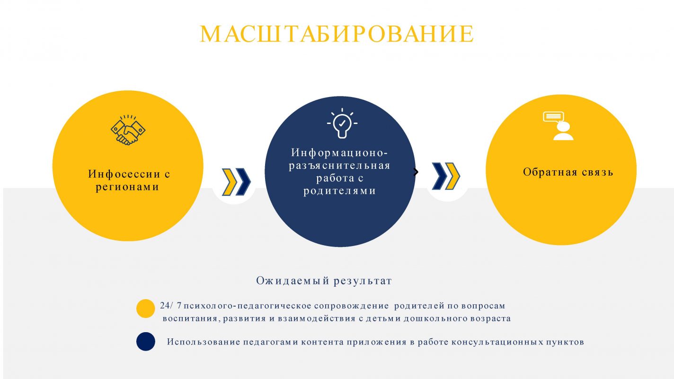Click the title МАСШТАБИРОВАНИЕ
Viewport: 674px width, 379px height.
(337, 34)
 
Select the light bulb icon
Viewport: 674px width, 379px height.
(342, 123)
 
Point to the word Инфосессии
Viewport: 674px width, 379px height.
(124, 174)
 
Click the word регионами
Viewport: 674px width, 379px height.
(127, 187)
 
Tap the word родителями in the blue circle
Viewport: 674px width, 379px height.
(340, 191)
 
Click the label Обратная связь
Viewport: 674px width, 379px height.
(568, 172)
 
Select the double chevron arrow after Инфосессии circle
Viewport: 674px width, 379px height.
(236, 182)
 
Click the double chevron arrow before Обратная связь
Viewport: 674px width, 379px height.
(445, 176)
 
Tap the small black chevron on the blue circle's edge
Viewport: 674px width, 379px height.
(416, 172)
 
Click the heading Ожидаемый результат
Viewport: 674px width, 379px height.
(324, 281)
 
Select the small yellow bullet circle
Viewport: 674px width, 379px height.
(146, 308)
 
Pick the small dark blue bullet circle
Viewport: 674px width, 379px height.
(146, 342)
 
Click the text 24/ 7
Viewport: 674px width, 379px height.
(171, 306)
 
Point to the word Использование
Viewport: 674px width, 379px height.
(204, 342)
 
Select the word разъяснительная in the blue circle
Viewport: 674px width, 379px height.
(340, 166)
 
